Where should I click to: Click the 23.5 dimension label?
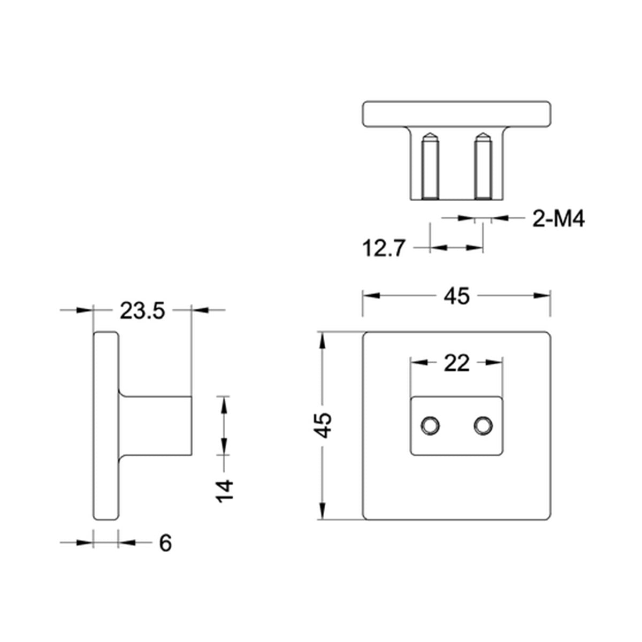click(142, 311)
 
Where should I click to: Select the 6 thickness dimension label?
click(165, 544)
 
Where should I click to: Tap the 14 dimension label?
click(225, 491)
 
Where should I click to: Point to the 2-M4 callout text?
click(558, 219)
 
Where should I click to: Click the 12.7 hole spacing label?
click(384, 249)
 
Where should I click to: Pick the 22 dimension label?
click(456, 364)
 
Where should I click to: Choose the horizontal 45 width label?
click(456, 296)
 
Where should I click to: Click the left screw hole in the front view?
click(430, 426)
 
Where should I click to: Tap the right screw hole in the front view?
click(483, 426)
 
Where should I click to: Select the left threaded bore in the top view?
click(430, 167)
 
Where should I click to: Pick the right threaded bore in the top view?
click(483, 167)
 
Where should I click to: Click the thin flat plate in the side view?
click(106, 425)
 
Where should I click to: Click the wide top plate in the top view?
click(456, 113)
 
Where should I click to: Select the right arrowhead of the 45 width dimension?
click(544, 296)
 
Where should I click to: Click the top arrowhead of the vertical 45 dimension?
click(322, 340)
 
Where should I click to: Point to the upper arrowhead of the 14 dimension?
click(224, 404)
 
